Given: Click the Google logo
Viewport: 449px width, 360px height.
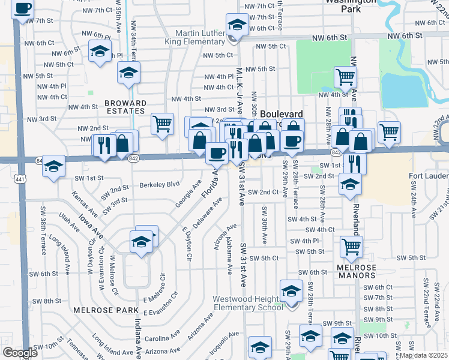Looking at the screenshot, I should tap(20, 353).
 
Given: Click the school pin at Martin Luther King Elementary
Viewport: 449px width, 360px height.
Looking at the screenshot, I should tap(237, 26).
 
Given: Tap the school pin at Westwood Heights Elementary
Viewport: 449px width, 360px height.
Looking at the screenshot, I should tap(292, 292).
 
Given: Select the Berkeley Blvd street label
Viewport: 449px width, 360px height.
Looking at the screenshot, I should tap(160, 185).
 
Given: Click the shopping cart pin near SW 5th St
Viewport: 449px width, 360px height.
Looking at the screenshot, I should tap(351, 246).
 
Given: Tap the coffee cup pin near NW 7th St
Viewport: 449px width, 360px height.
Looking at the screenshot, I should tap(23, 9).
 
